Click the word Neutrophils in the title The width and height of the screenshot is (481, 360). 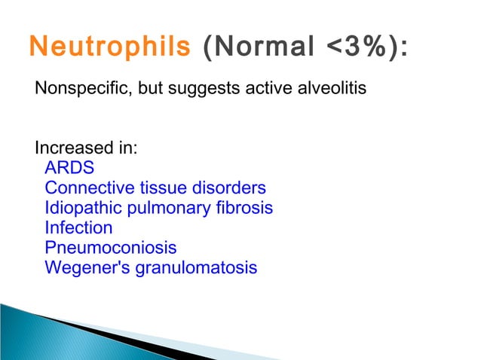coord(109,46)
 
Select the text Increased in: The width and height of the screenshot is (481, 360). coord(86,148)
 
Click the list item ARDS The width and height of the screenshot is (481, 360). coord(69,167)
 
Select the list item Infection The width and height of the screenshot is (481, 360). coord(78,227)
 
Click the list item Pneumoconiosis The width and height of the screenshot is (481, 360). coord(111,247)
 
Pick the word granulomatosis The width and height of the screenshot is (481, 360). coord(196,268)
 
